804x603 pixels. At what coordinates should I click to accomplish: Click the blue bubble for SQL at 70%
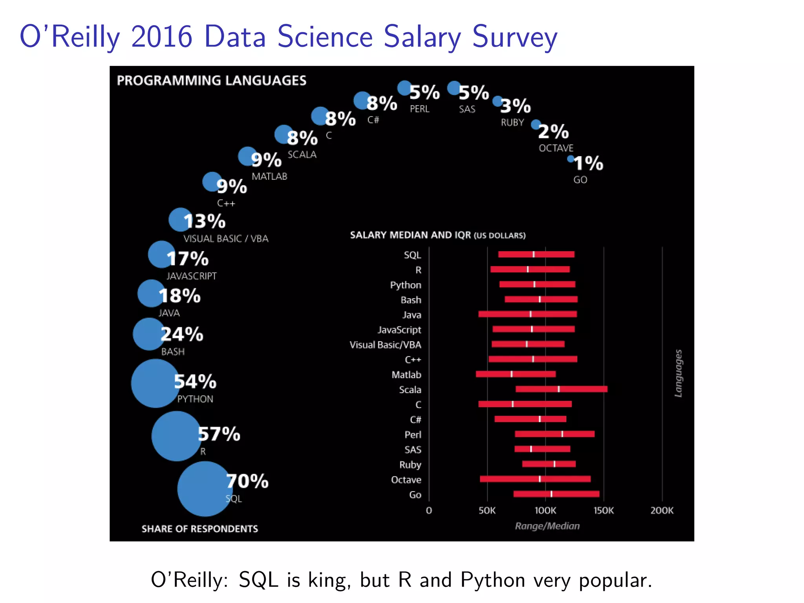click(x=204, y=489)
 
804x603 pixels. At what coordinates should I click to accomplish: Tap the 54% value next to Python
click(x=195, y=382)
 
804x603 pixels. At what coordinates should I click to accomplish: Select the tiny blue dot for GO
click(x=570, y=159)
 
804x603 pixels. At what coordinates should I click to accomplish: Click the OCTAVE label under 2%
click(x=556, y=148)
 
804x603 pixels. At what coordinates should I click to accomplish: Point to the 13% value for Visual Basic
click(x=205, y=221)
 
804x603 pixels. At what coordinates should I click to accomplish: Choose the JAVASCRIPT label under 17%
click(x=192, y=276)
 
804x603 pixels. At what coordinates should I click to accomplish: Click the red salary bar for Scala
click(x=561, y=389)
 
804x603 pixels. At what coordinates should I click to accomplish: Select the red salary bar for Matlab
click(x=515, y=374)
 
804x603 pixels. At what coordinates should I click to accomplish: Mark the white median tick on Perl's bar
click(x=562, y=434)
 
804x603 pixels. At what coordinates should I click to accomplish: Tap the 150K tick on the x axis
click(x=603, y=510)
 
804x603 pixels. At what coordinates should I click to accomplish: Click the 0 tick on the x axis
click(x=429, y=510)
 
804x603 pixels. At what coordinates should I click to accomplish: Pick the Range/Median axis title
click(x=547, y=526)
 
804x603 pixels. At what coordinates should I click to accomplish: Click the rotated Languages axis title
click(x=678, y=373)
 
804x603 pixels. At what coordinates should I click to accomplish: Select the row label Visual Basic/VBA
click(x=385, y=345)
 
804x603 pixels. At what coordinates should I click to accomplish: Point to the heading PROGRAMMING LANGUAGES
click(x=212, y=80)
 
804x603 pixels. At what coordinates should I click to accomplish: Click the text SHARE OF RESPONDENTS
click(x=200, y=529)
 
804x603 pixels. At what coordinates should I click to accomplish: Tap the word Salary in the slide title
click(x=422, y=37)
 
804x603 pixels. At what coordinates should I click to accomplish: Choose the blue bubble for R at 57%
click(x=176, y=436)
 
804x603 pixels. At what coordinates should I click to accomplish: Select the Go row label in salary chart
click(x=415, y=495)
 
